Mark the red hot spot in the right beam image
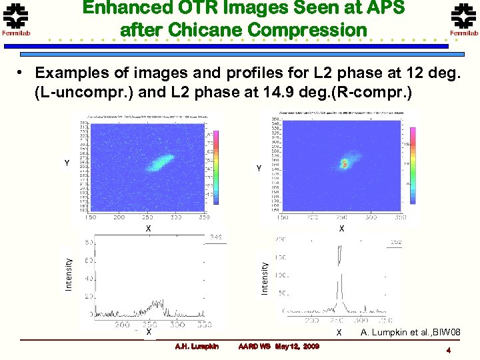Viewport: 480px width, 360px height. point(345,163)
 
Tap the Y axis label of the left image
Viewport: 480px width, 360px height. point(66,162)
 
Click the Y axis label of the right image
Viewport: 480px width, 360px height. point(259,169)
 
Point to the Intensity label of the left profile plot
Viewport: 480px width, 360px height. point(68,274)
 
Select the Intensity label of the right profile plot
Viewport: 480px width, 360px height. point(265,277)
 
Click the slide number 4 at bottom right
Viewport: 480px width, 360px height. point(450,351)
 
